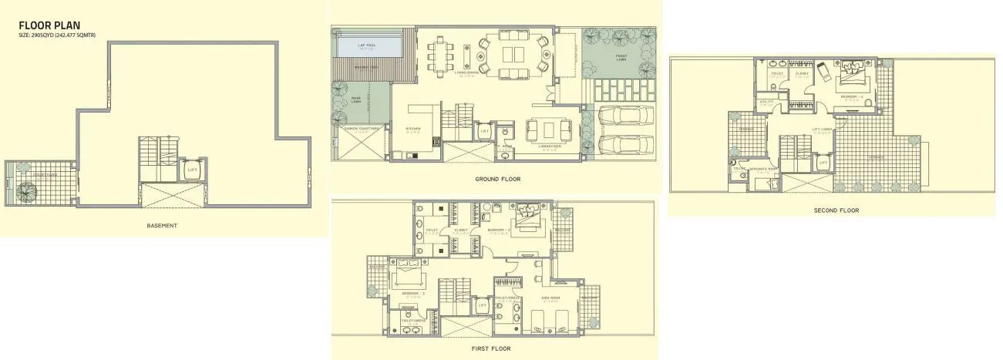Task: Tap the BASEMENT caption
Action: (162, 226)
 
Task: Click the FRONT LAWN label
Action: (621, 56)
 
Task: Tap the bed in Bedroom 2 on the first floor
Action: (527, 216)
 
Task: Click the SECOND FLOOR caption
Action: (836, 210)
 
